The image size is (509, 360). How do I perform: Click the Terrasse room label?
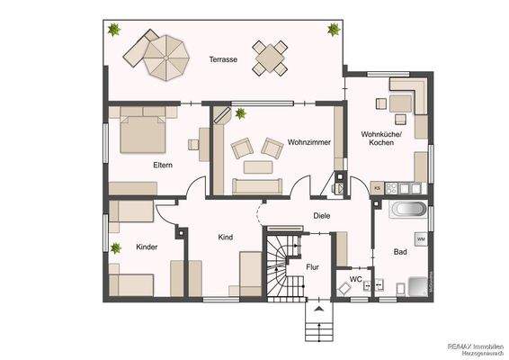tap(223, 59)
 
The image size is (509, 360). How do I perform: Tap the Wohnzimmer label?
tap(309, 142)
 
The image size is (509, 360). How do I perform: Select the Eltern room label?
tap(163, 165)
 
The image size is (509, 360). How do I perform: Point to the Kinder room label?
tap(147, 246)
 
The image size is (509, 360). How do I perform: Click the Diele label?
tap(321, 215)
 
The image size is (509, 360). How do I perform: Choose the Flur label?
tap(313, 266)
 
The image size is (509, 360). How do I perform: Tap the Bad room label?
tap(400, 252)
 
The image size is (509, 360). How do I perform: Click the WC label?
tap(355, 280)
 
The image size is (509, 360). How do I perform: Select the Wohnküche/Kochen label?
tap(381, 139)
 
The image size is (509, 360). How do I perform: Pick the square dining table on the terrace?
tap(271, 58)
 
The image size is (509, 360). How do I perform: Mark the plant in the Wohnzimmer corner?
tap(241, 113)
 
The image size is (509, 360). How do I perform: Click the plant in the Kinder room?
tap(115, 247)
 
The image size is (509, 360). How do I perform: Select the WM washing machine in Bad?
tap(420, 238)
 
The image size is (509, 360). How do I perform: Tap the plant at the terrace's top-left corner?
tap(114, 31)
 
